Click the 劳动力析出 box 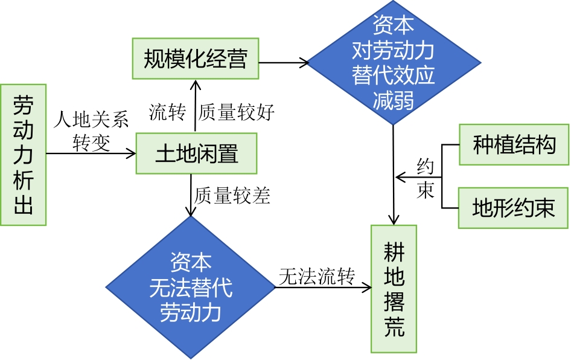23,155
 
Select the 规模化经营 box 195,59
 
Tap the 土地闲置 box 196,153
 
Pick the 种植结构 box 514,144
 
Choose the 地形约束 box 513,208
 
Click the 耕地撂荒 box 394,289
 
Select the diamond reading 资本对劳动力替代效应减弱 394,62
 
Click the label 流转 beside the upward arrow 167,112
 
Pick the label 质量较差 232,196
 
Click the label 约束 426,178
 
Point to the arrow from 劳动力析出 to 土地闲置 91,153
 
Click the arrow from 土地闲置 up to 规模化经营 194,106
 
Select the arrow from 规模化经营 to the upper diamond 284,62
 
